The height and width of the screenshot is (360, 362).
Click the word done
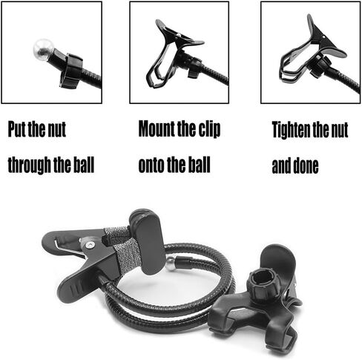pos(306,165)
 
